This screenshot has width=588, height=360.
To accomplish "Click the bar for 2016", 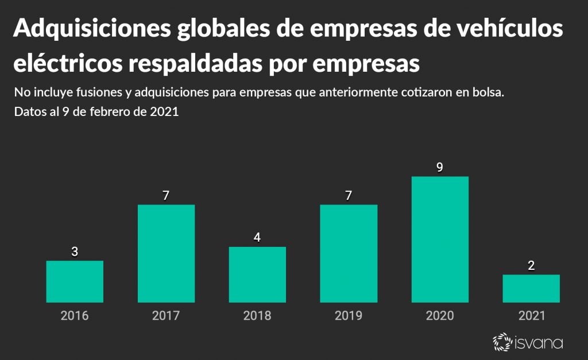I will [75, 281].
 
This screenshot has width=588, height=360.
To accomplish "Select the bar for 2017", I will [166, 253].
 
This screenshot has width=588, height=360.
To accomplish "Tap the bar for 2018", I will [257, 274].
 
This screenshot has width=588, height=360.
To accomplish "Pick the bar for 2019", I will [349, 253].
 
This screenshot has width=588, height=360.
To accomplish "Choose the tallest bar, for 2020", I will [440, 239].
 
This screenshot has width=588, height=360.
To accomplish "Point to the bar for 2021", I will [531, 288].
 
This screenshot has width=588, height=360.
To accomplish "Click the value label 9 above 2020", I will [440, 168].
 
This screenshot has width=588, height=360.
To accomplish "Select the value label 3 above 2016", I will [75, 252].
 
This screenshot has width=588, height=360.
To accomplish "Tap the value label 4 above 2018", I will [257, 238].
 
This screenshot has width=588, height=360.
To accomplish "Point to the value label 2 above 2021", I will [531, 266].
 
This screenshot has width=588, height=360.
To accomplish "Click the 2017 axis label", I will [166, 316].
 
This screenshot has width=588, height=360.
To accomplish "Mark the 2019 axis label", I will [349, 316].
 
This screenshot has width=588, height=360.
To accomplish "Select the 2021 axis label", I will [531, 316].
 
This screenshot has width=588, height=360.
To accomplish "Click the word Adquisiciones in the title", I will [92, 30].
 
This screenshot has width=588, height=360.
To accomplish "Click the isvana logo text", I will [537, 343].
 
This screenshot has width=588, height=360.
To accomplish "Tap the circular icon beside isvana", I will [502, 342].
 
